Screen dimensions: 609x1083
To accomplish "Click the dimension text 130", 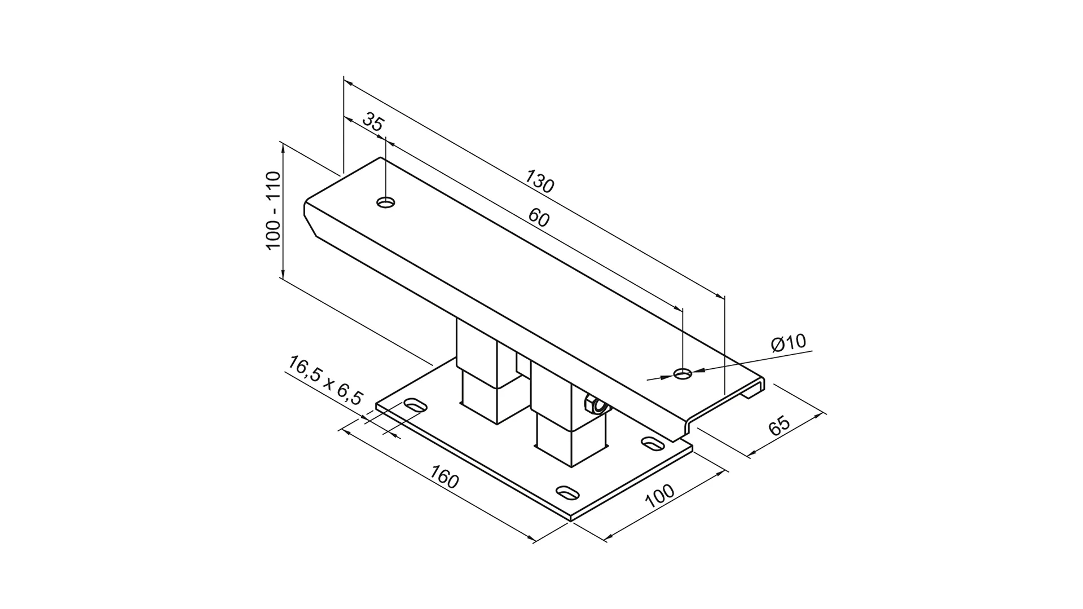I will (540, 181).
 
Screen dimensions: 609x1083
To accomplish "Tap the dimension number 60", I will (539, 218).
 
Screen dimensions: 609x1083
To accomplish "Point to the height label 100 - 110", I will (272, 210).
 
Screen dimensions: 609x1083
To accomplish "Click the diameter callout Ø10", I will (789, 343).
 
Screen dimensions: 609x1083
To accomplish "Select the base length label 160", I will (444, 477).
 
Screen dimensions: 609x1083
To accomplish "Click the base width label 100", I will (659, 496).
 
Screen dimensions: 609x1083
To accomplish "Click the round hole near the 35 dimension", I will (386, 202).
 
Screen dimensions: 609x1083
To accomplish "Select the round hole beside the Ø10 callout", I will (683, 373).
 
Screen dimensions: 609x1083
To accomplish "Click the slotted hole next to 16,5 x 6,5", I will (416, 405).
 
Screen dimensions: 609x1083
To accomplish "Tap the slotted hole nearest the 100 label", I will (568, 493).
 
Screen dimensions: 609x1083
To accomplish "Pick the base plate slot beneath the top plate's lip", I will (653, 443).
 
